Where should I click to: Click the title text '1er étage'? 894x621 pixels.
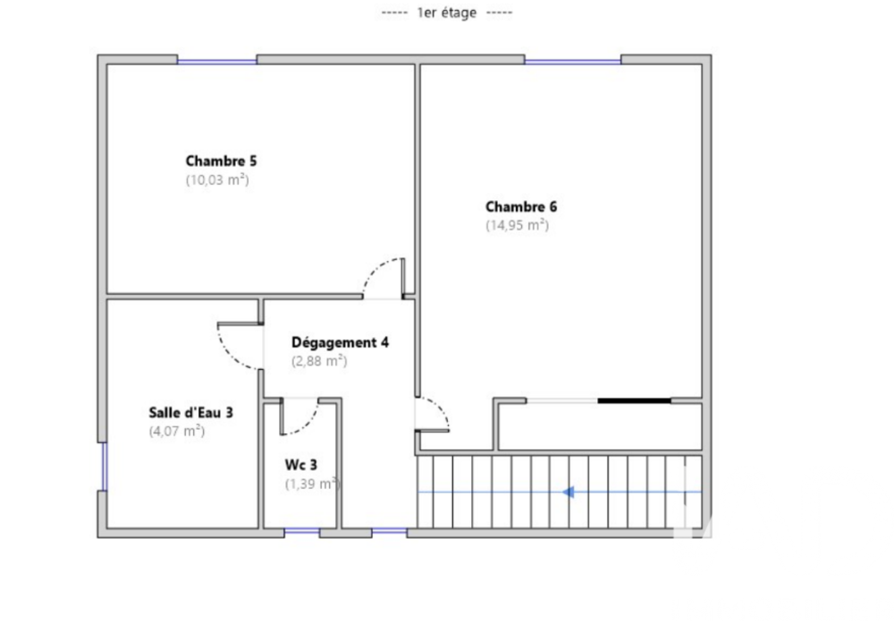446,13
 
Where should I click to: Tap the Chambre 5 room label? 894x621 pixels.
221,162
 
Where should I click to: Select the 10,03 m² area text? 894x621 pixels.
216,180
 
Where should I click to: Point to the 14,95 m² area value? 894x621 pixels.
517,225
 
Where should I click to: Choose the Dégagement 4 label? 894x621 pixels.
340,342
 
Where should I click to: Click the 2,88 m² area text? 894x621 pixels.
319,361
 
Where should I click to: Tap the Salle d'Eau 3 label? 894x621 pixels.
190,413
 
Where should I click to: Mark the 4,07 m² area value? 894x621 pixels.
176,431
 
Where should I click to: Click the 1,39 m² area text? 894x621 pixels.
311,483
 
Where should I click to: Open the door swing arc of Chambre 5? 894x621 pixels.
382,273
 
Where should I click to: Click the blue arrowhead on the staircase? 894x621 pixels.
568,491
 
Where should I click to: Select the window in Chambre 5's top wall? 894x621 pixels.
216,61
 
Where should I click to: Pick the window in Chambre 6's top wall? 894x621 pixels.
572,61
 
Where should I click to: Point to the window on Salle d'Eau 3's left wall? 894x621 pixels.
103,466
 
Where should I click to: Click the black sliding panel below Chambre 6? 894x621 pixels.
633,400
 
